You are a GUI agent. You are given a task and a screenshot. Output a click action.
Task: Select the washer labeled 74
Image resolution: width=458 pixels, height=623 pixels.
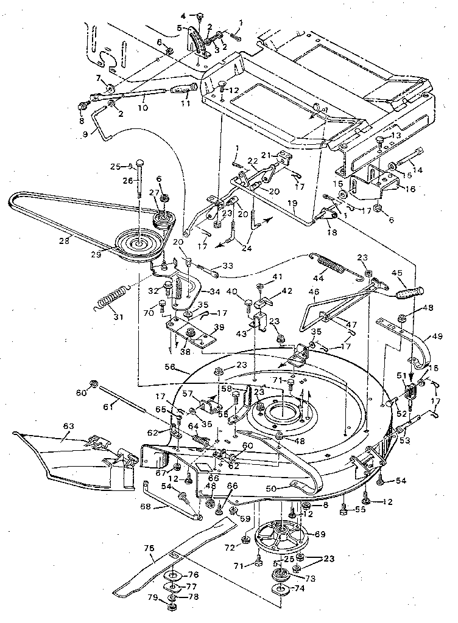click(x=281, y=591)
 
